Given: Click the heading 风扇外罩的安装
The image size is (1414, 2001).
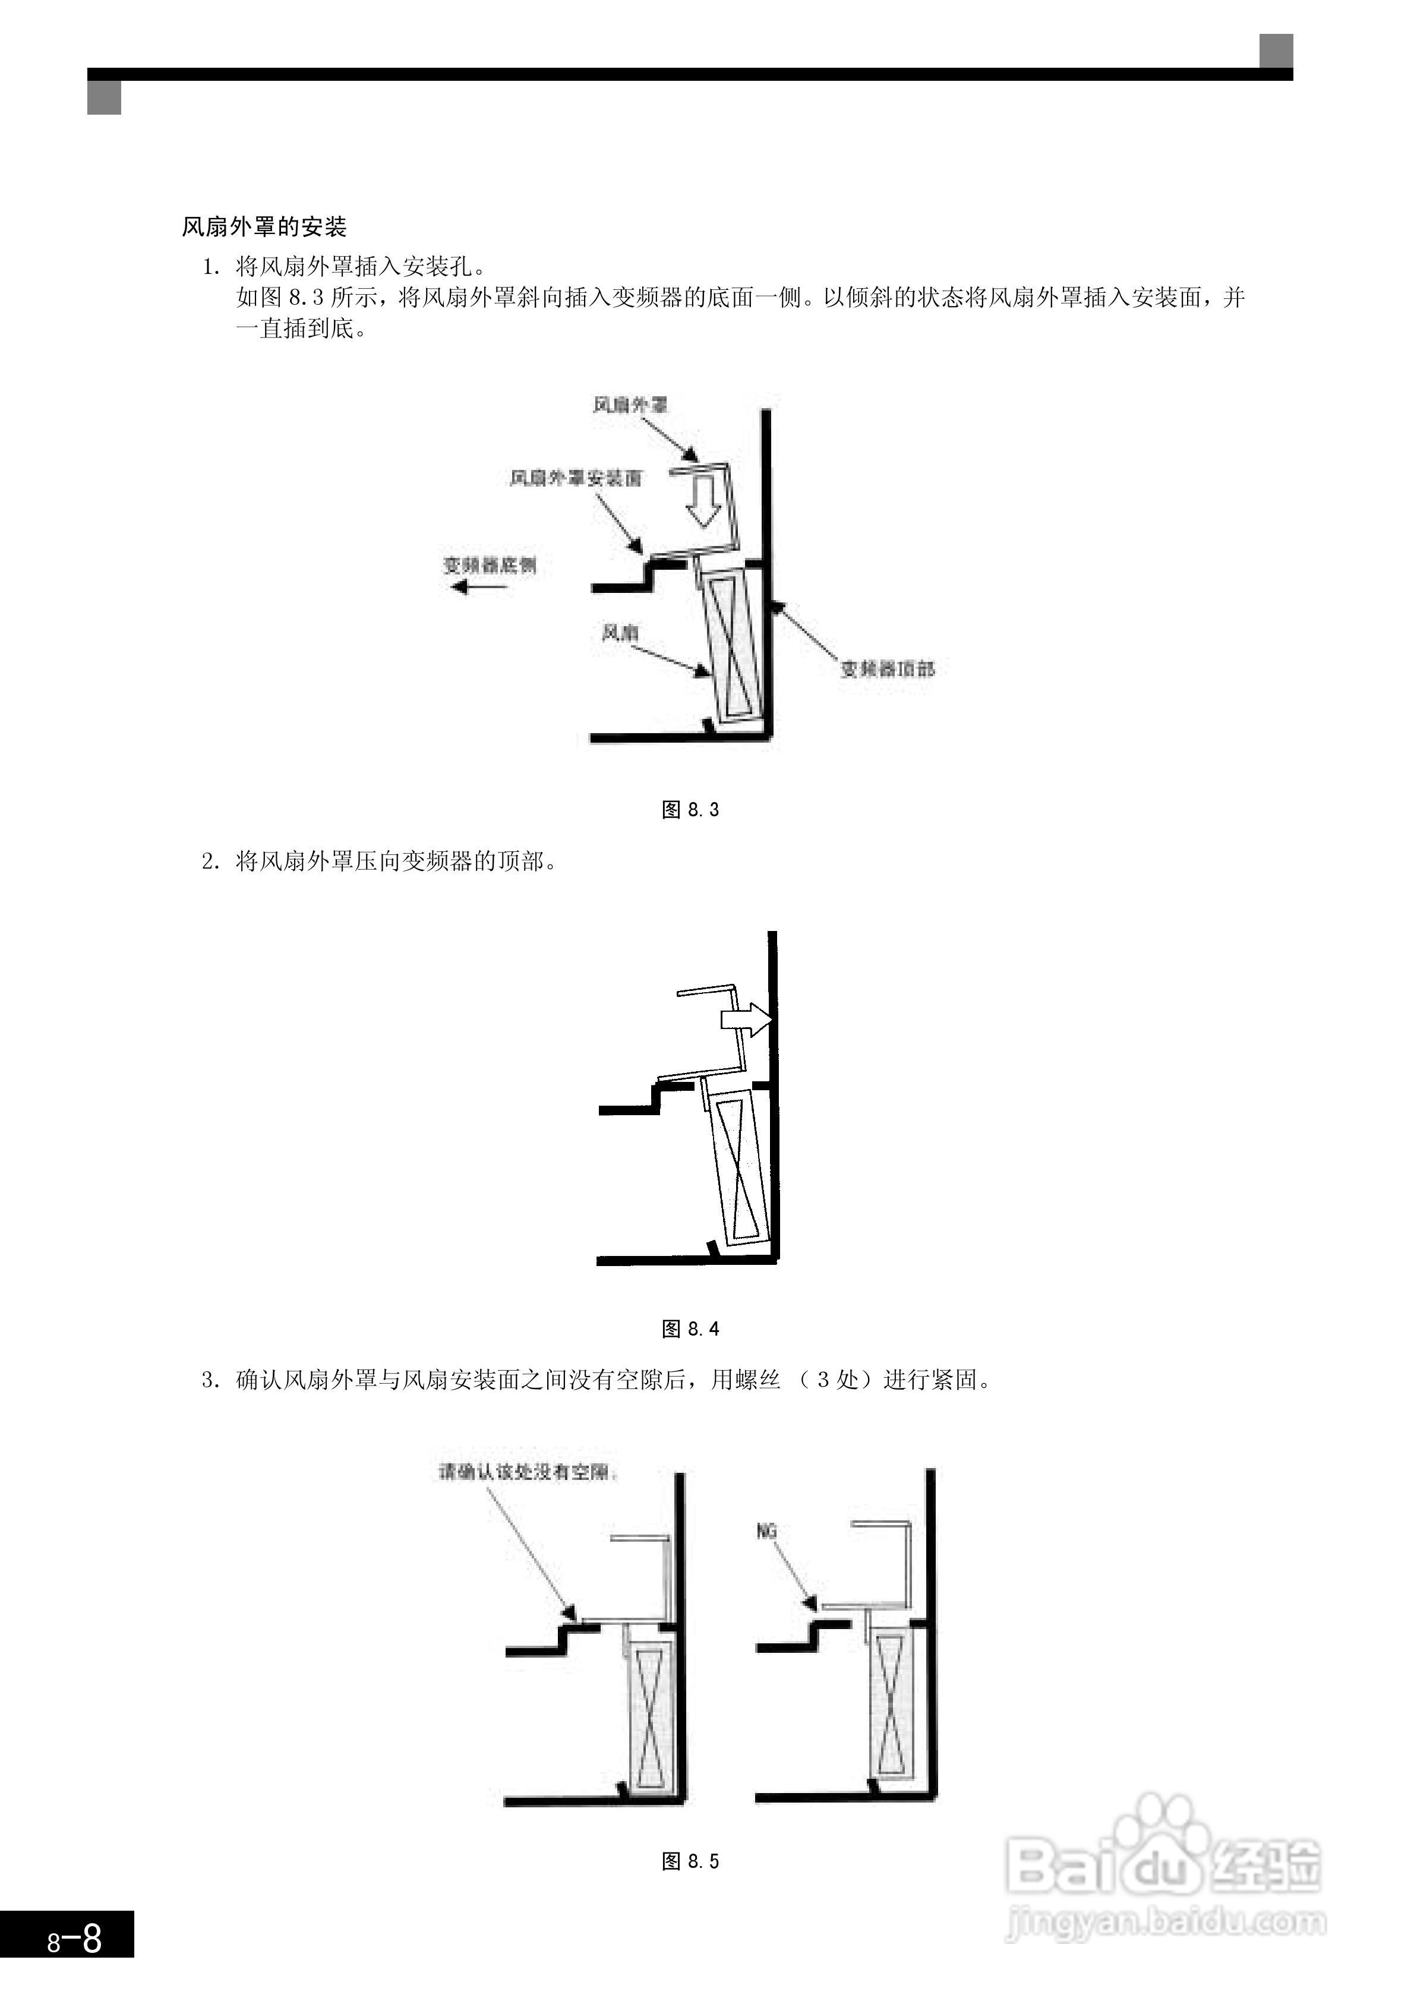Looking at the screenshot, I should tap(264, 228).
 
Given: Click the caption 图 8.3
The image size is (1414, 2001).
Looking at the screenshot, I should tap(690, 810).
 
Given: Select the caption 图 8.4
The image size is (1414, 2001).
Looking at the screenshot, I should tap(690, 1329).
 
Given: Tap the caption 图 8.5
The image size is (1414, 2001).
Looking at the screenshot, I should tap(690, 1861).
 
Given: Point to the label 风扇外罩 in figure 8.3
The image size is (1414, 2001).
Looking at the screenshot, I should tap(630, 405).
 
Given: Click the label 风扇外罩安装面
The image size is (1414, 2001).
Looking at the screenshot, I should tap(575, 478).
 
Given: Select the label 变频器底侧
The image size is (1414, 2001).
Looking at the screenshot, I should tap(489, 566).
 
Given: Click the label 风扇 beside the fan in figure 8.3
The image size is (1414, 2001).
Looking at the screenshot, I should tap(620, 633).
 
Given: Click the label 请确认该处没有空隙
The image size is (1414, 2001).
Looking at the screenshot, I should tap(528, 1472).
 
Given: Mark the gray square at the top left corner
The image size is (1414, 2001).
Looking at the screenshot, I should tap(104, 97).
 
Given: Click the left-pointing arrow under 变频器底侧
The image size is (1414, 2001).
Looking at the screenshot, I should tap(479, 588).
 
